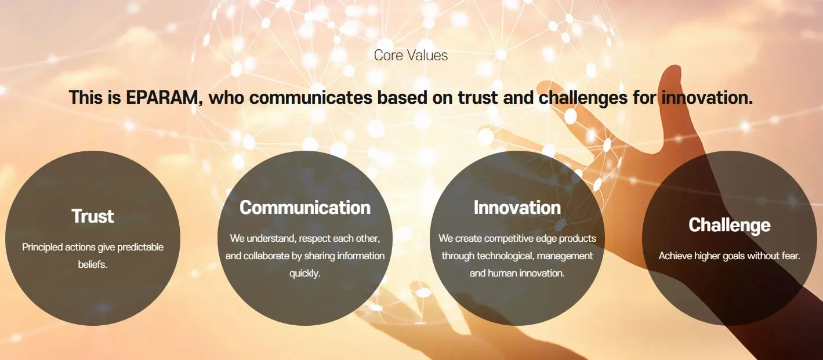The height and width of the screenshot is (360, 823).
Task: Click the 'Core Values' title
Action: (x=411, y=56)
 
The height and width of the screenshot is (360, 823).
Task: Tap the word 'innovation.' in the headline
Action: (x=707, y=98)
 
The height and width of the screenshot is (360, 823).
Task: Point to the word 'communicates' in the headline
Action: (x=311, y=98)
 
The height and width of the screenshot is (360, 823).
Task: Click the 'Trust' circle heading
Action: (x=93, y=216)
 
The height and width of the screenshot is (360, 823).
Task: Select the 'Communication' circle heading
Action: (x=305, y=208)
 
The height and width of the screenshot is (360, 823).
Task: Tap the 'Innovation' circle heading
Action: (x=517, y=208)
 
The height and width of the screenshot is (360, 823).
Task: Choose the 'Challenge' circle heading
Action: (x=729, y=225)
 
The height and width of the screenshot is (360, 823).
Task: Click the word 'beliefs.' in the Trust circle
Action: (x=93, y=264)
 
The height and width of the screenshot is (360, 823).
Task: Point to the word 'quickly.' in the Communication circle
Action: (x=305, y=274)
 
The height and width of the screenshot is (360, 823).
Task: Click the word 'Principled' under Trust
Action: (x=42, y=247)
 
